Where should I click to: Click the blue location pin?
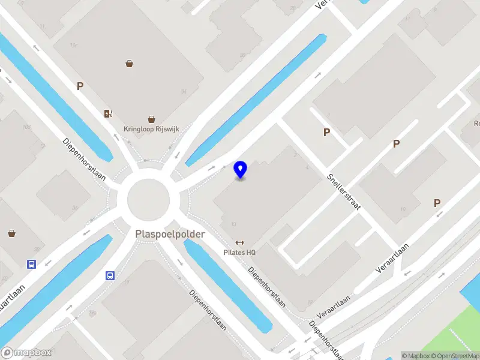point(241,169)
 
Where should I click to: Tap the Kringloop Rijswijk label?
point(151,128)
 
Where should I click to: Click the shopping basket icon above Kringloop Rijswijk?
point(152,119)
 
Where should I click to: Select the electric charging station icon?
point(108,113)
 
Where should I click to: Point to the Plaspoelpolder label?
point(170,233)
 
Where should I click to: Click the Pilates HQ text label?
point(239,253)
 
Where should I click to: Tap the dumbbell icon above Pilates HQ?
point(239,243)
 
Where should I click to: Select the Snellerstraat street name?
point(343,191)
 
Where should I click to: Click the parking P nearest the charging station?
point(80,86)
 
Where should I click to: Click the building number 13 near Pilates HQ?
point(233,224)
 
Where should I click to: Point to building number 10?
point(403,209)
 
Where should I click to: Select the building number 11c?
point(74,45)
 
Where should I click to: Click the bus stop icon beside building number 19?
point(110,275)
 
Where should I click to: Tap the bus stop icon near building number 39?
point(31,263)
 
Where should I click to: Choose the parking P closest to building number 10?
point(437,203)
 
